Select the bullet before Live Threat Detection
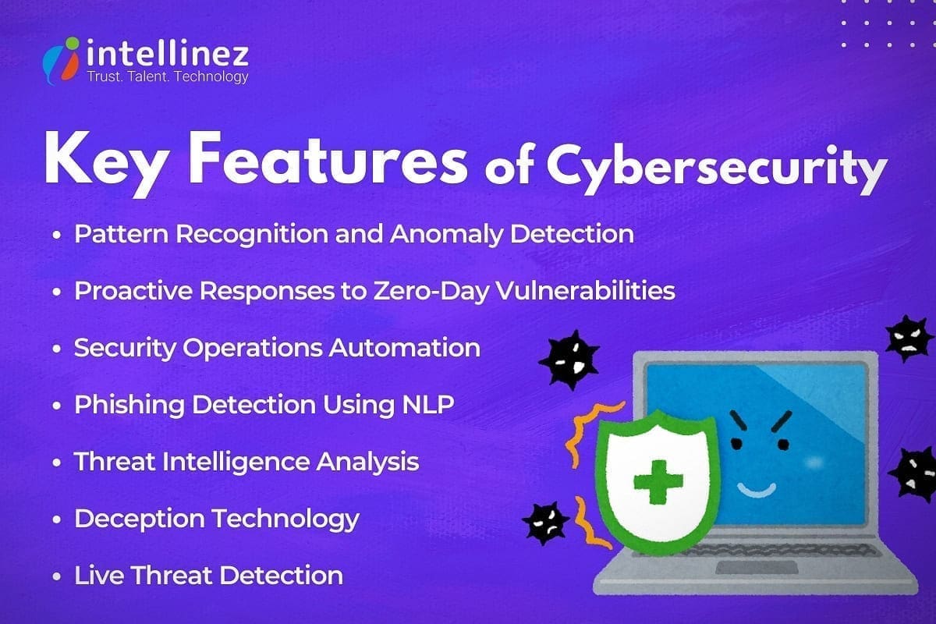(57, 577)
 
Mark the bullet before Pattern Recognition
(57, 235)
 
